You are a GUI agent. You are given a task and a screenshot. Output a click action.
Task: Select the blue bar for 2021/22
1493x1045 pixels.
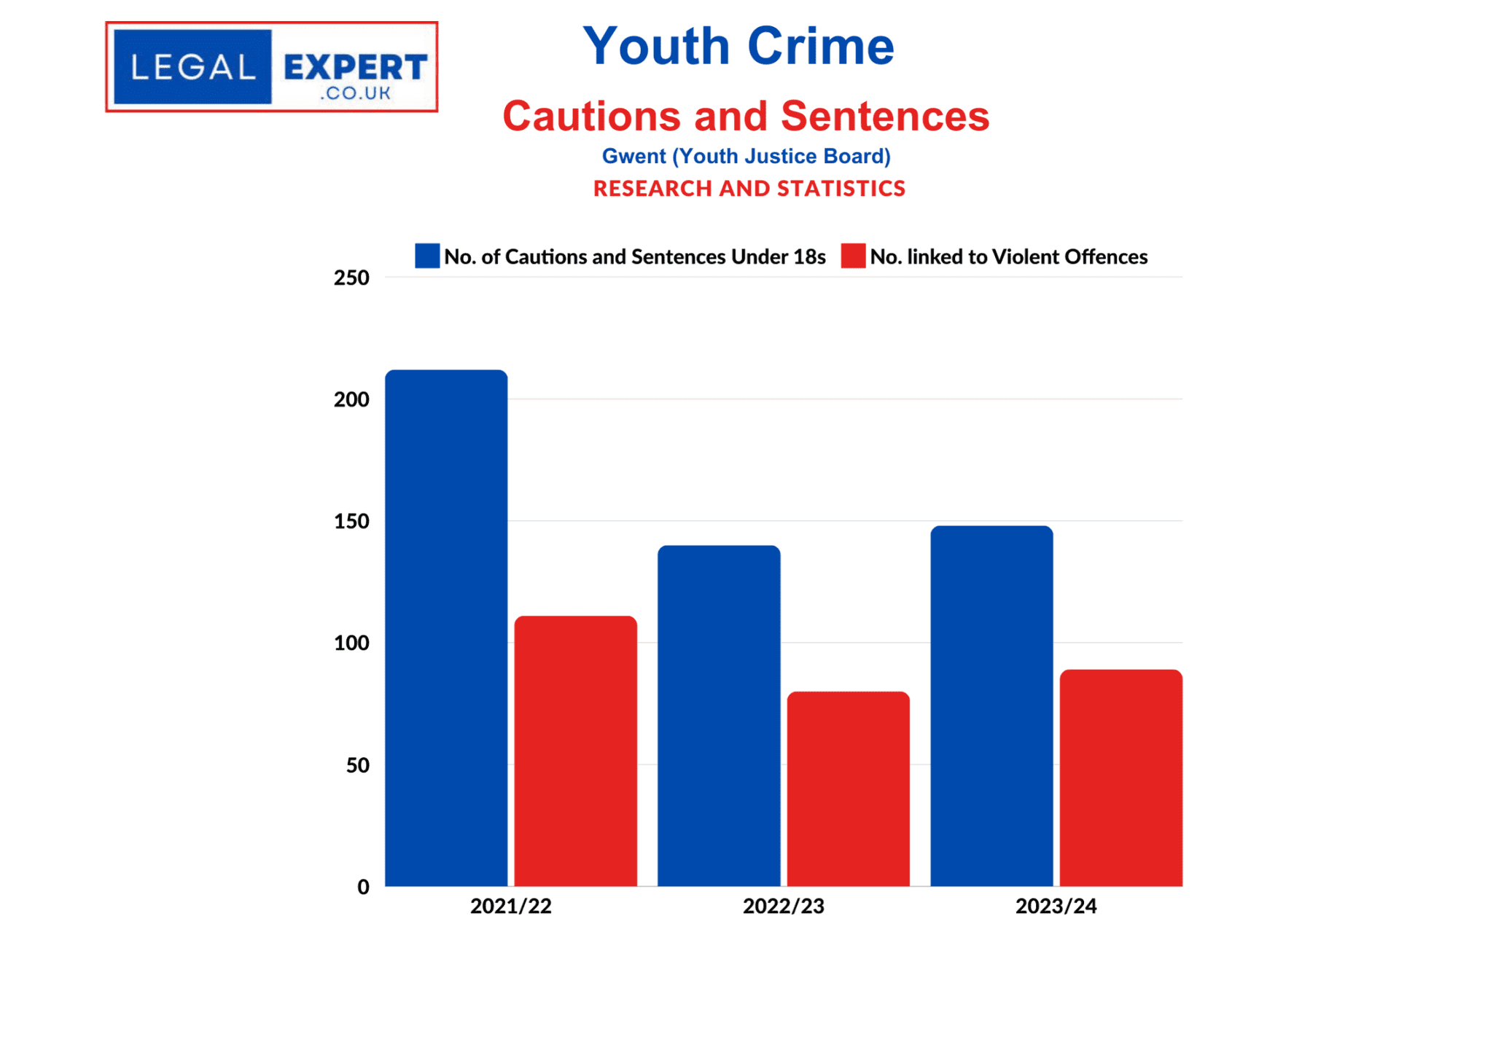(446, 627)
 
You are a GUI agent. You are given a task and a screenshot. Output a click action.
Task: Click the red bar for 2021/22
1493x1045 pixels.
(575, 751)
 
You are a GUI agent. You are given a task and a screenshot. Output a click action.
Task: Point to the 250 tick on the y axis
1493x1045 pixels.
(351, 278)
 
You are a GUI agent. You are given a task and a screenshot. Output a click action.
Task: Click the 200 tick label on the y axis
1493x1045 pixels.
(351, 399)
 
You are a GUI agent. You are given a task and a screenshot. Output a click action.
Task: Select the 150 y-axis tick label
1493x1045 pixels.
(351, 522)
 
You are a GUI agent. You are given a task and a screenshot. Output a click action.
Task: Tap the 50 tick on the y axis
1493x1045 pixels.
(357, 765)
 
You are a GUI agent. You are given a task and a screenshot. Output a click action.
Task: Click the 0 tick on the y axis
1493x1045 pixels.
(363, 887)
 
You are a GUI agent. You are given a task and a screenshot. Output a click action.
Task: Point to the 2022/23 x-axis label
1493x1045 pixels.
(783, 906)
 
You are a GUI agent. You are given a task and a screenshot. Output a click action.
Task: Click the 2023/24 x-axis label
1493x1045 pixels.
(1056, 906)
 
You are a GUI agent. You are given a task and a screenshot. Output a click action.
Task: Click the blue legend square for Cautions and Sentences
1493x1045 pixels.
(427, 256)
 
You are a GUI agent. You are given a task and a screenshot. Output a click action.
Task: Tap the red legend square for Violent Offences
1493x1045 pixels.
(853, 256)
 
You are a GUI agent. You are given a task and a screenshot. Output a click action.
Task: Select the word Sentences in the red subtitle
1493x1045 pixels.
(885, 117)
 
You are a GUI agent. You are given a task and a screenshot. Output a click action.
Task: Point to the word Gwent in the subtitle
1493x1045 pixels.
(634, 156)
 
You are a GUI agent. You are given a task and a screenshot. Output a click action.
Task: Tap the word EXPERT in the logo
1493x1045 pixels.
(355, 68)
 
